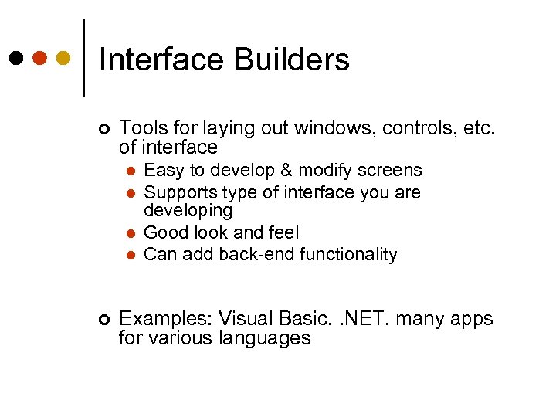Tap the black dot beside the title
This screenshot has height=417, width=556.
(16, 59)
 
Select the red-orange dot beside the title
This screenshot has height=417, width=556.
(40, 59)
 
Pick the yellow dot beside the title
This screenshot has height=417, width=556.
(64, 59)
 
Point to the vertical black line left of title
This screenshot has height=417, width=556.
(83, 58)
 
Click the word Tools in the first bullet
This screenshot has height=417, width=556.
(142, 127)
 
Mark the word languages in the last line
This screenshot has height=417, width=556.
(265, 338)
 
